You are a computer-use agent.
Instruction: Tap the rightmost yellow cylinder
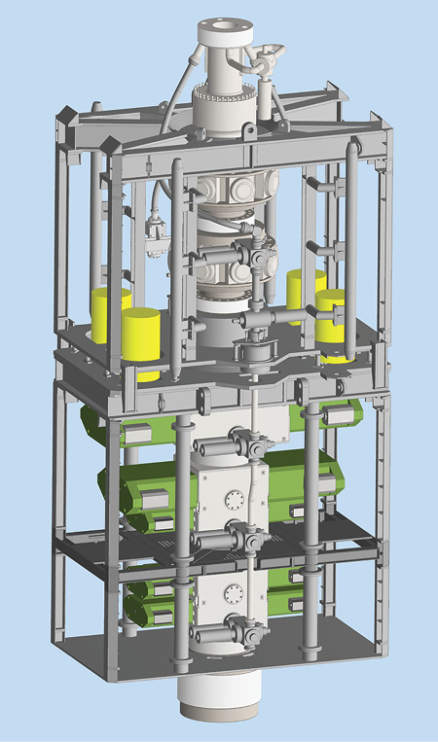[x=335, y=321]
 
